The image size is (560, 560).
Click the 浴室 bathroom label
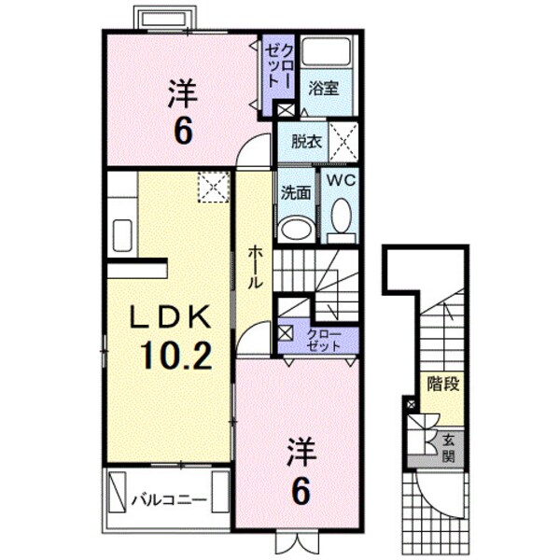(326, 88)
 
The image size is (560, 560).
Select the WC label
(342, 181)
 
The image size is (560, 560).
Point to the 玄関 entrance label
(448, 450)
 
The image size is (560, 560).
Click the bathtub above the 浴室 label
(326, 53)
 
